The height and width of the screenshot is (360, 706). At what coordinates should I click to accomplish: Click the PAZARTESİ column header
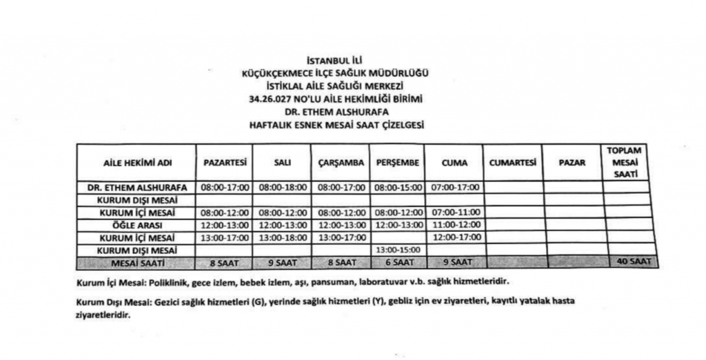(x=225, y=163)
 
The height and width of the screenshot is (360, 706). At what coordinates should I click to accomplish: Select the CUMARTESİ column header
(x=512, y=163)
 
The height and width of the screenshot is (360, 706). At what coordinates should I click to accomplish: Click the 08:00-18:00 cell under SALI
(x=282, y=187)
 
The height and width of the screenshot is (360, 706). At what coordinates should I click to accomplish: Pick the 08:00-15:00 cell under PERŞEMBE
(x=397, y=187)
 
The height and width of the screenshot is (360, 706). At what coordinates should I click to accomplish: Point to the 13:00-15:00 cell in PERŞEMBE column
(x=397, y=250)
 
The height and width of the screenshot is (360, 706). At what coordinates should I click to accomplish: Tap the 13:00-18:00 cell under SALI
(x=282, y=237)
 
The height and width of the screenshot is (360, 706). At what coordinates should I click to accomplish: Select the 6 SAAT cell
(x=397, y=262)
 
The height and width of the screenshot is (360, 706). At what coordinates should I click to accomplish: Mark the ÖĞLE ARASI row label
(x=137, y=225)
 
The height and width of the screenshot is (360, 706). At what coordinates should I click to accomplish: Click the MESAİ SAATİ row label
(x=137, y=263)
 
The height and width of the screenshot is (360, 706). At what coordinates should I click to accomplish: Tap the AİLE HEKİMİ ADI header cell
(x=137, y=163)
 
